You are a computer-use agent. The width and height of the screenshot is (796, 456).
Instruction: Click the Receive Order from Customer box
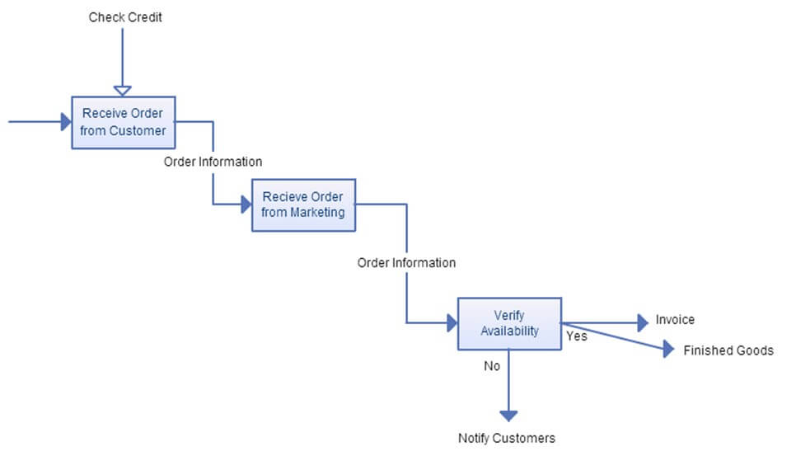(124, 122)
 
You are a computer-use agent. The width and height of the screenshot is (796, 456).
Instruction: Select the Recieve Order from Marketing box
(303, 204)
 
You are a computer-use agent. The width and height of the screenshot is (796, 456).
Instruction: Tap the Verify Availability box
(509, 323)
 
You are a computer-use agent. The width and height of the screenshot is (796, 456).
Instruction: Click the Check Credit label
(125, 16)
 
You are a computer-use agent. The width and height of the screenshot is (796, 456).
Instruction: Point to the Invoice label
(675, 320)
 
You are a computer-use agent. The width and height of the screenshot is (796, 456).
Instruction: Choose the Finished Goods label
(728, 350)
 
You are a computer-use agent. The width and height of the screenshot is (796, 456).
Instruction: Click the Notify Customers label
(506, 438)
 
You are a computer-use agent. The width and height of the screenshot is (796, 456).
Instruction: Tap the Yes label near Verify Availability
(576, 336)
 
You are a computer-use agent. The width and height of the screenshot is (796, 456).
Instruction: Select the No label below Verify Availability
(492, 366)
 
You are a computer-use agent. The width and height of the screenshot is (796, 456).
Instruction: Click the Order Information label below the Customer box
(213, 162)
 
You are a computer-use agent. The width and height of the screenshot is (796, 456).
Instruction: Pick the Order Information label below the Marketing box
(406, 263)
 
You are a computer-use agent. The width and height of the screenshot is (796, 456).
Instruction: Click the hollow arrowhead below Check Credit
(122, 89)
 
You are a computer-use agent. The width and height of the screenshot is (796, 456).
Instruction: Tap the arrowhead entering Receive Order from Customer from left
(66, 122)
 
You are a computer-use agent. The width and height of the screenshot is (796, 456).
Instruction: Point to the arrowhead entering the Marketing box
(246, 204)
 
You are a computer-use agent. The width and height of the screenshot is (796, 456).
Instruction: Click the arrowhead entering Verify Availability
(452, 322)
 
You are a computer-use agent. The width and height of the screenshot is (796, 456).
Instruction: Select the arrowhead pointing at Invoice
(643, 322)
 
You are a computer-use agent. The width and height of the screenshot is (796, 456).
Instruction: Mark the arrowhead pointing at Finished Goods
(668, 350)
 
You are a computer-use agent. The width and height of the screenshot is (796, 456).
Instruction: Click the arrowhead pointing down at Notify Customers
(508, 415)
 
